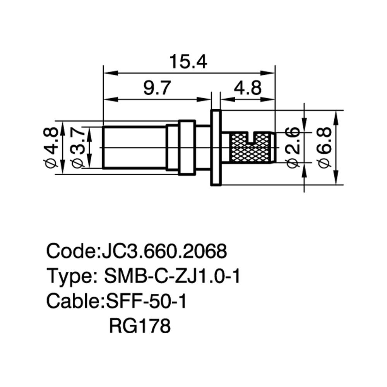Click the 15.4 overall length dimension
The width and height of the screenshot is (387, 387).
coord(188,62)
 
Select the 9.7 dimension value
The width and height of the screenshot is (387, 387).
coord(157,88)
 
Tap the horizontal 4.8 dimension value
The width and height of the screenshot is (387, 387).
coord(248,88)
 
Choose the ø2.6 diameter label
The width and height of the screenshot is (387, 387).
coord(292,148)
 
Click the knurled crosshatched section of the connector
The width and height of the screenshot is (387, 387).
coord(250,147)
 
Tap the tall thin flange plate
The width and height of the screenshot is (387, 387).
coord(216,147)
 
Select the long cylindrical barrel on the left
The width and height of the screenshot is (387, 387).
coord(135,147)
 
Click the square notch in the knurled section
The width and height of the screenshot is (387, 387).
coord(251,138)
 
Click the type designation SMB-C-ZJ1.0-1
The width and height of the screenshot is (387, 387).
coord(172,276)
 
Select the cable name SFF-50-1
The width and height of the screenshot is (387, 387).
coord(146,301)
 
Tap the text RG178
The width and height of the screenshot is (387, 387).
coord(140,326)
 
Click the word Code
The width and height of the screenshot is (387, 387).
coord(70,251)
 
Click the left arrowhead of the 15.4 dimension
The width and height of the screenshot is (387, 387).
coord(111,73)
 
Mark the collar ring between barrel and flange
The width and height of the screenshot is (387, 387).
coord(187,147)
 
